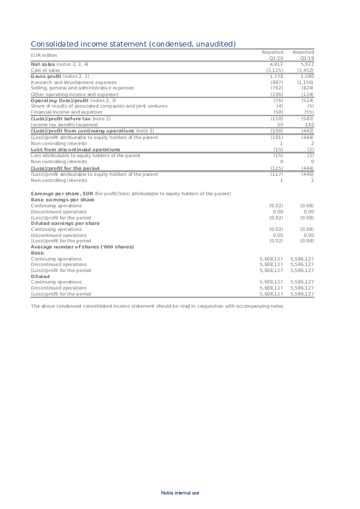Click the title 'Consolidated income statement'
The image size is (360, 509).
(x=133, y=44)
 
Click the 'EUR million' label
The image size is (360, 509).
(x=44, y=55)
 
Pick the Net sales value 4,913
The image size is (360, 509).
(x=277, y=63)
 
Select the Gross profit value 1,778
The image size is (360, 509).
(x=277, y=76)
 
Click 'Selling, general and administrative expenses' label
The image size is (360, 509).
(x=82, y=88)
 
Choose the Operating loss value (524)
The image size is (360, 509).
(x=307, y=100)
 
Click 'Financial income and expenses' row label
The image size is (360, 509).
(x=64, y=112)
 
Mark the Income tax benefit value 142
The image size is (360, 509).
(x=309, y=125)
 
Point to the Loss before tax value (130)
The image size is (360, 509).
(x=276, y=118)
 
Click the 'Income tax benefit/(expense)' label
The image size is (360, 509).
(x=64, y=125)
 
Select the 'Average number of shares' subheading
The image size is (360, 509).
(x=82, y=247)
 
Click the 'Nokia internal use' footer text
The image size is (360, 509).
(x=180, y=493)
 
